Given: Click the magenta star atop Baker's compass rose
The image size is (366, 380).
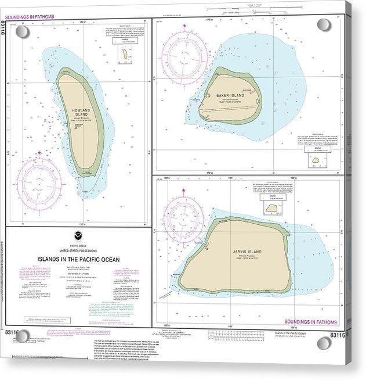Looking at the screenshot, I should (x=184, y=26).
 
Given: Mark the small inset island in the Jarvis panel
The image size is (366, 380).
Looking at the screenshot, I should (x=271, y=205).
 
